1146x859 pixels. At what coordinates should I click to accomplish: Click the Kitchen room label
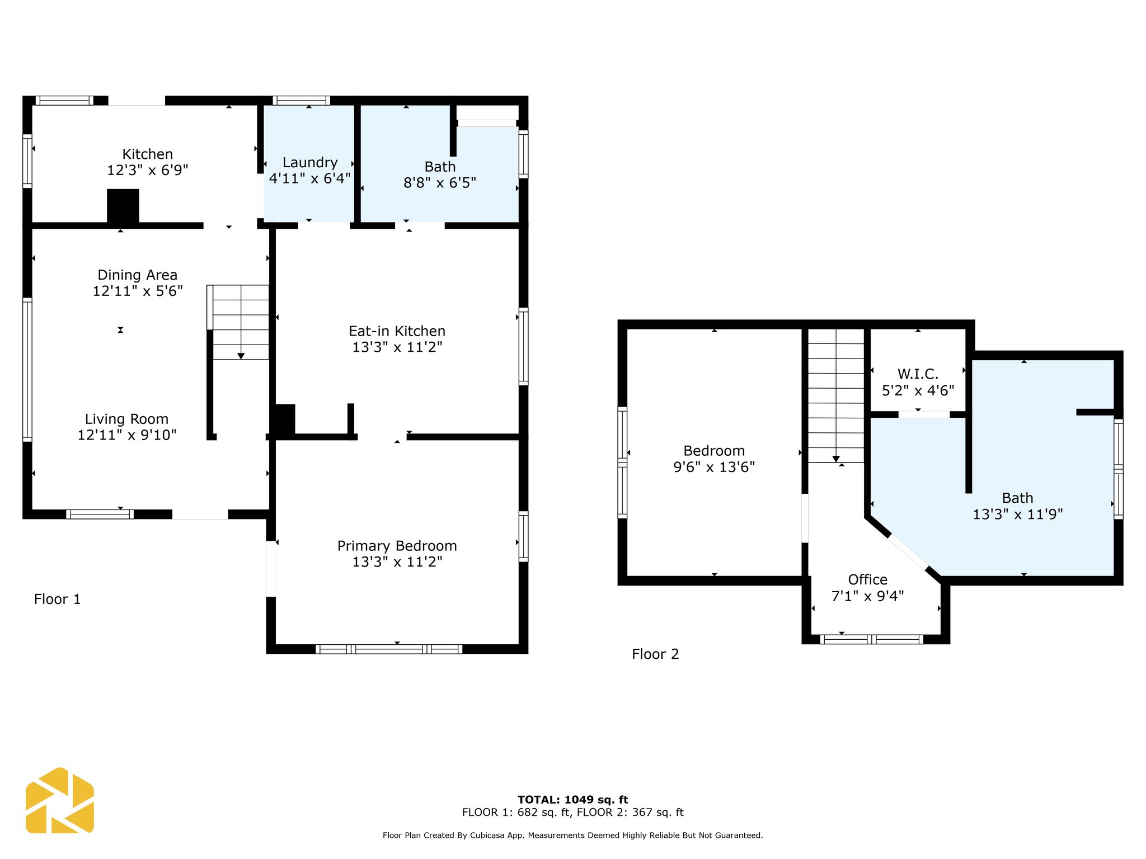pos(148,154)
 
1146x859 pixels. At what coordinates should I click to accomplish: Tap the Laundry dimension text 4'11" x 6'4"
pos(310,178)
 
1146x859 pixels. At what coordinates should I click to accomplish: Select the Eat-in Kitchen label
pos(397,331)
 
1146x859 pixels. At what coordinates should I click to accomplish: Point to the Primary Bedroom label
pos(397,546)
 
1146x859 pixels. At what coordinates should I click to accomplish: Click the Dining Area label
pos(138,275)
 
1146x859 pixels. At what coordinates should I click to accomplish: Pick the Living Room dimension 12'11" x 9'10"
pos(127,435)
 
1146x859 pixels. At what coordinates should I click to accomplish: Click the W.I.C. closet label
pos(918,374)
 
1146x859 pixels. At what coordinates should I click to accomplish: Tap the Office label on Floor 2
pos(868,580)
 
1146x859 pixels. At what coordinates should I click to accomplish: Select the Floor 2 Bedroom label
pos(714,451)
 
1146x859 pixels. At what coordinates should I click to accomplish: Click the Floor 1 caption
pos(58,600)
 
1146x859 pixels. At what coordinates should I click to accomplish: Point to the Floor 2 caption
pos(655,654)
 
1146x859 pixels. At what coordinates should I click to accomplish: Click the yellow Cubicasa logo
pos(60,801)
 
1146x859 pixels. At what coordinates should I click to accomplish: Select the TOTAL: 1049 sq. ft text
pos(573,800)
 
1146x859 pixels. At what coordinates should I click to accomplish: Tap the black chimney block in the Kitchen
pos(123,207)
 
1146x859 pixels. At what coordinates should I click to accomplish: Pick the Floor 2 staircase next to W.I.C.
pos(836,396)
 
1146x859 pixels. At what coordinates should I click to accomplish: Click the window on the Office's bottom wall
pos(872,639)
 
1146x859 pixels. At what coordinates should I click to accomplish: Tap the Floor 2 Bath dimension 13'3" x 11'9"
pos(1018,515)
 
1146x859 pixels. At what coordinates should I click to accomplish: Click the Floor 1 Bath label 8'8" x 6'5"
pos(440,175)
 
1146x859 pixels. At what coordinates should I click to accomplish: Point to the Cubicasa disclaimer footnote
pos(573,836)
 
